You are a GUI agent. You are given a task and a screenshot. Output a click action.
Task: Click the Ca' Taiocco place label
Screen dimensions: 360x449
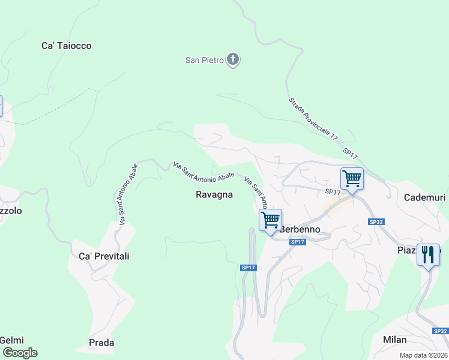click(67, 46)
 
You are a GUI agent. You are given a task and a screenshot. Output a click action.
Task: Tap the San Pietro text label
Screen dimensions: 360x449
click(204, 60)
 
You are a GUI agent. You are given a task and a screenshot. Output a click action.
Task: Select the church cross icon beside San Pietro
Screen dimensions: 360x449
click(233, 59)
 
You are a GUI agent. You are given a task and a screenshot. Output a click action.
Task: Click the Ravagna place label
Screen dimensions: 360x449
click(214, 194)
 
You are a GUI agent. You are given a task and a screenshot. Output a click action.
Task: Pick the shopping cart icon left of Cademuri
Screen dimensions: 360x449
click(352, 178)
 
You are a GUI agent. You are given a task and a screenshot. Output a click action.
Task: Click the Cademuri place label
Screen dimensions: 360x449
click(424, 197)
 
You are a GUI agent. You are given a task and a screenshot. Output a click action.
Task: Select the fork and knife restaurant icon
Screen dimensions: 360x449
click(428, 255)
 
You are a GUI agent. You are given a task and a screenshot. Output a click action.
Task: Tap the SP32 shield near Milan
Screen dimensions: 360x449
click(441, 331)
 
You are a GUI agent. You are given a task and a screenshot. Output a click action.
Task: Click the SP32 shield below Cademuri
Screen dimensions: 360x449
click(376, 222)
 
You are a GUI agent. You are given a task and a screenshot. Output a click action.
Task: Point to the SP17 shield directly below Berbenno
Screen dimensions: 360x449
click(298, 242)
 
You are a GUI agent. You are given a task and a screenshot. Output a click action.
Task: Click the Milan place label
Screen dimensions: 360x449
click(394, 340)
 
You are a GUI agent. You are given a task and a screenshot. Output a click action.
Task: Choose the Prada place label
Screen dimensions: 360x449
click(101, 343)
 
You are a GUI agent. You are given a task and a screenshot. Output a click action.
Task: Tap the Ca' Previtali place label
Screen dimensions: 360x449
click(104, 256)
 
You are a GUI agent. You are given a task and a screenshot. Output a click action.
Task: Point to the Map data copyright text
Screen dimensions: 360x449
click(423, 355)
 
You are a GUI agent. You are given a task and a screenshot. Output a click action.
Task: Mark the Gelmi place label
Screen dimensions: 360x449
click(11, 340)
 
